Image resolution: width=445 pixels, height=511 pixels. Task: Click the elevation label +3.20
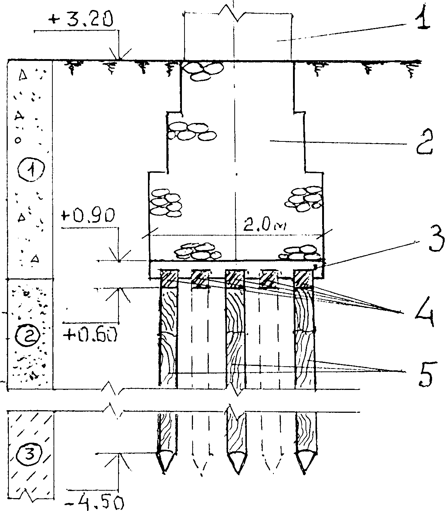tap(80, 20)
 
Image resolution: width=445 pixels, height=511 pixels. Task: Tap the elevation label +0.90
tap(88, 215)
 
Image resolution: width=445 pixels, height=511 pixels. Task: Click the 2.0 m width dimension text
tap(265, 225)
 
